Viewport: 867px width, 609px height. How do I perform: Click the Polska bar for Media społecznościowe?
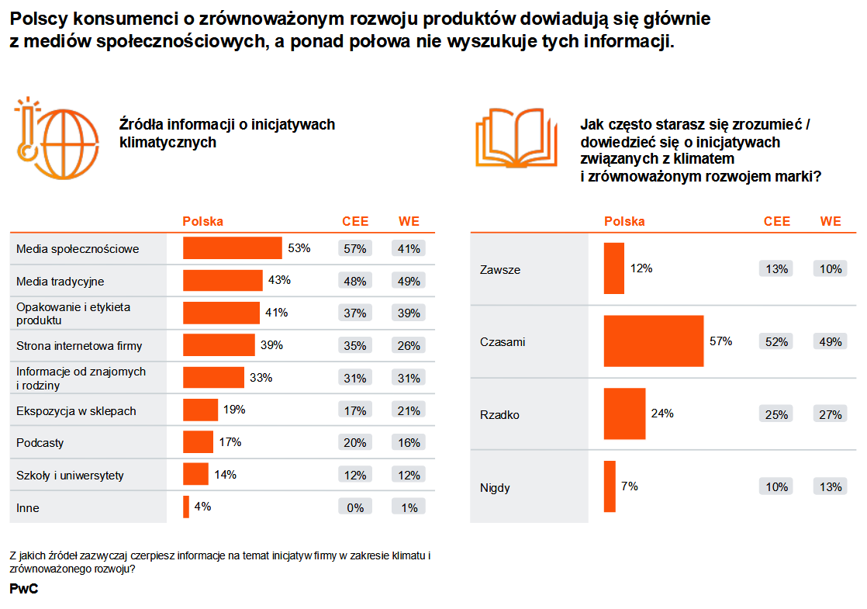[x=232, y=248]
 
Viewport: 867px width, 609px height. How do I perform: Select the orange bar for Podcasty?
[x=198, y=442]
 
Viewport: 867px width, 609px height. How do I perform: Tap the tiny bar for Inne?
[x=186, y=507]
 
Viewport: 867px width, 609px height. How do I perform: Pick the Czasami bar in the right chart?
[x=653, y=341]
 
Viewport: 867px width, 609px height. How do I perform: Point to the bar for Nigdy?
[x=610, y=487]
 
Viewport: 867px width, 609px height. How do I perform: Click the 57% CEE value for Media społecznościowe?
[x=355, y=249]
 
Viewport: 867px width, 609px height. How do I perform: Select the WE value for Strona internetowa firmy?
[x=409, y=346]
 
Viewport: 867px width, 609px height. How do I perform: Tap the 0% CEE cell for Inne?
[x=355, y=508]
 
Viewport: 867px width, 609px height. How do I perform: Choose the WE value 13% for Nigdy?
[x=830, y=487]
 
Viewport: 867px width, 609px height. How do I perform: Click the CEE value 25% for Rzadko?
[x=775, y=415]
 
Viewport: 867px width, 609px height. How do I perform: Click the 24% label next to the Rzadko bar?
[x=662, y=414]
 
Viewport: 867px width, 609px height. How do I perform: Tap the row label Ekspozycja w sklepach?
[x=76, y=411]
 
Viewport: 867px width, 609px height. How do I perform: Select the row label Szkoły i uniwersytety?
[x=71, y=476]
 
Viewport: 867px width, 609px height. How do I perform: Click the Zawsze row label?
[x=500, y=270]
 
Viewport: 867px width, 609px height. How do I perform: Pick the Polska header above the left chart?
[x=202, y=222]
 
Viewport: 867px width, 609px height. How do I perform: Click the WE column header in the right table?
[x=830, y=222]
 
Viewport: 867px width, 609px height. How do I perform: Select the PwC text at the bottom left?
[x=24, y=590]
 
